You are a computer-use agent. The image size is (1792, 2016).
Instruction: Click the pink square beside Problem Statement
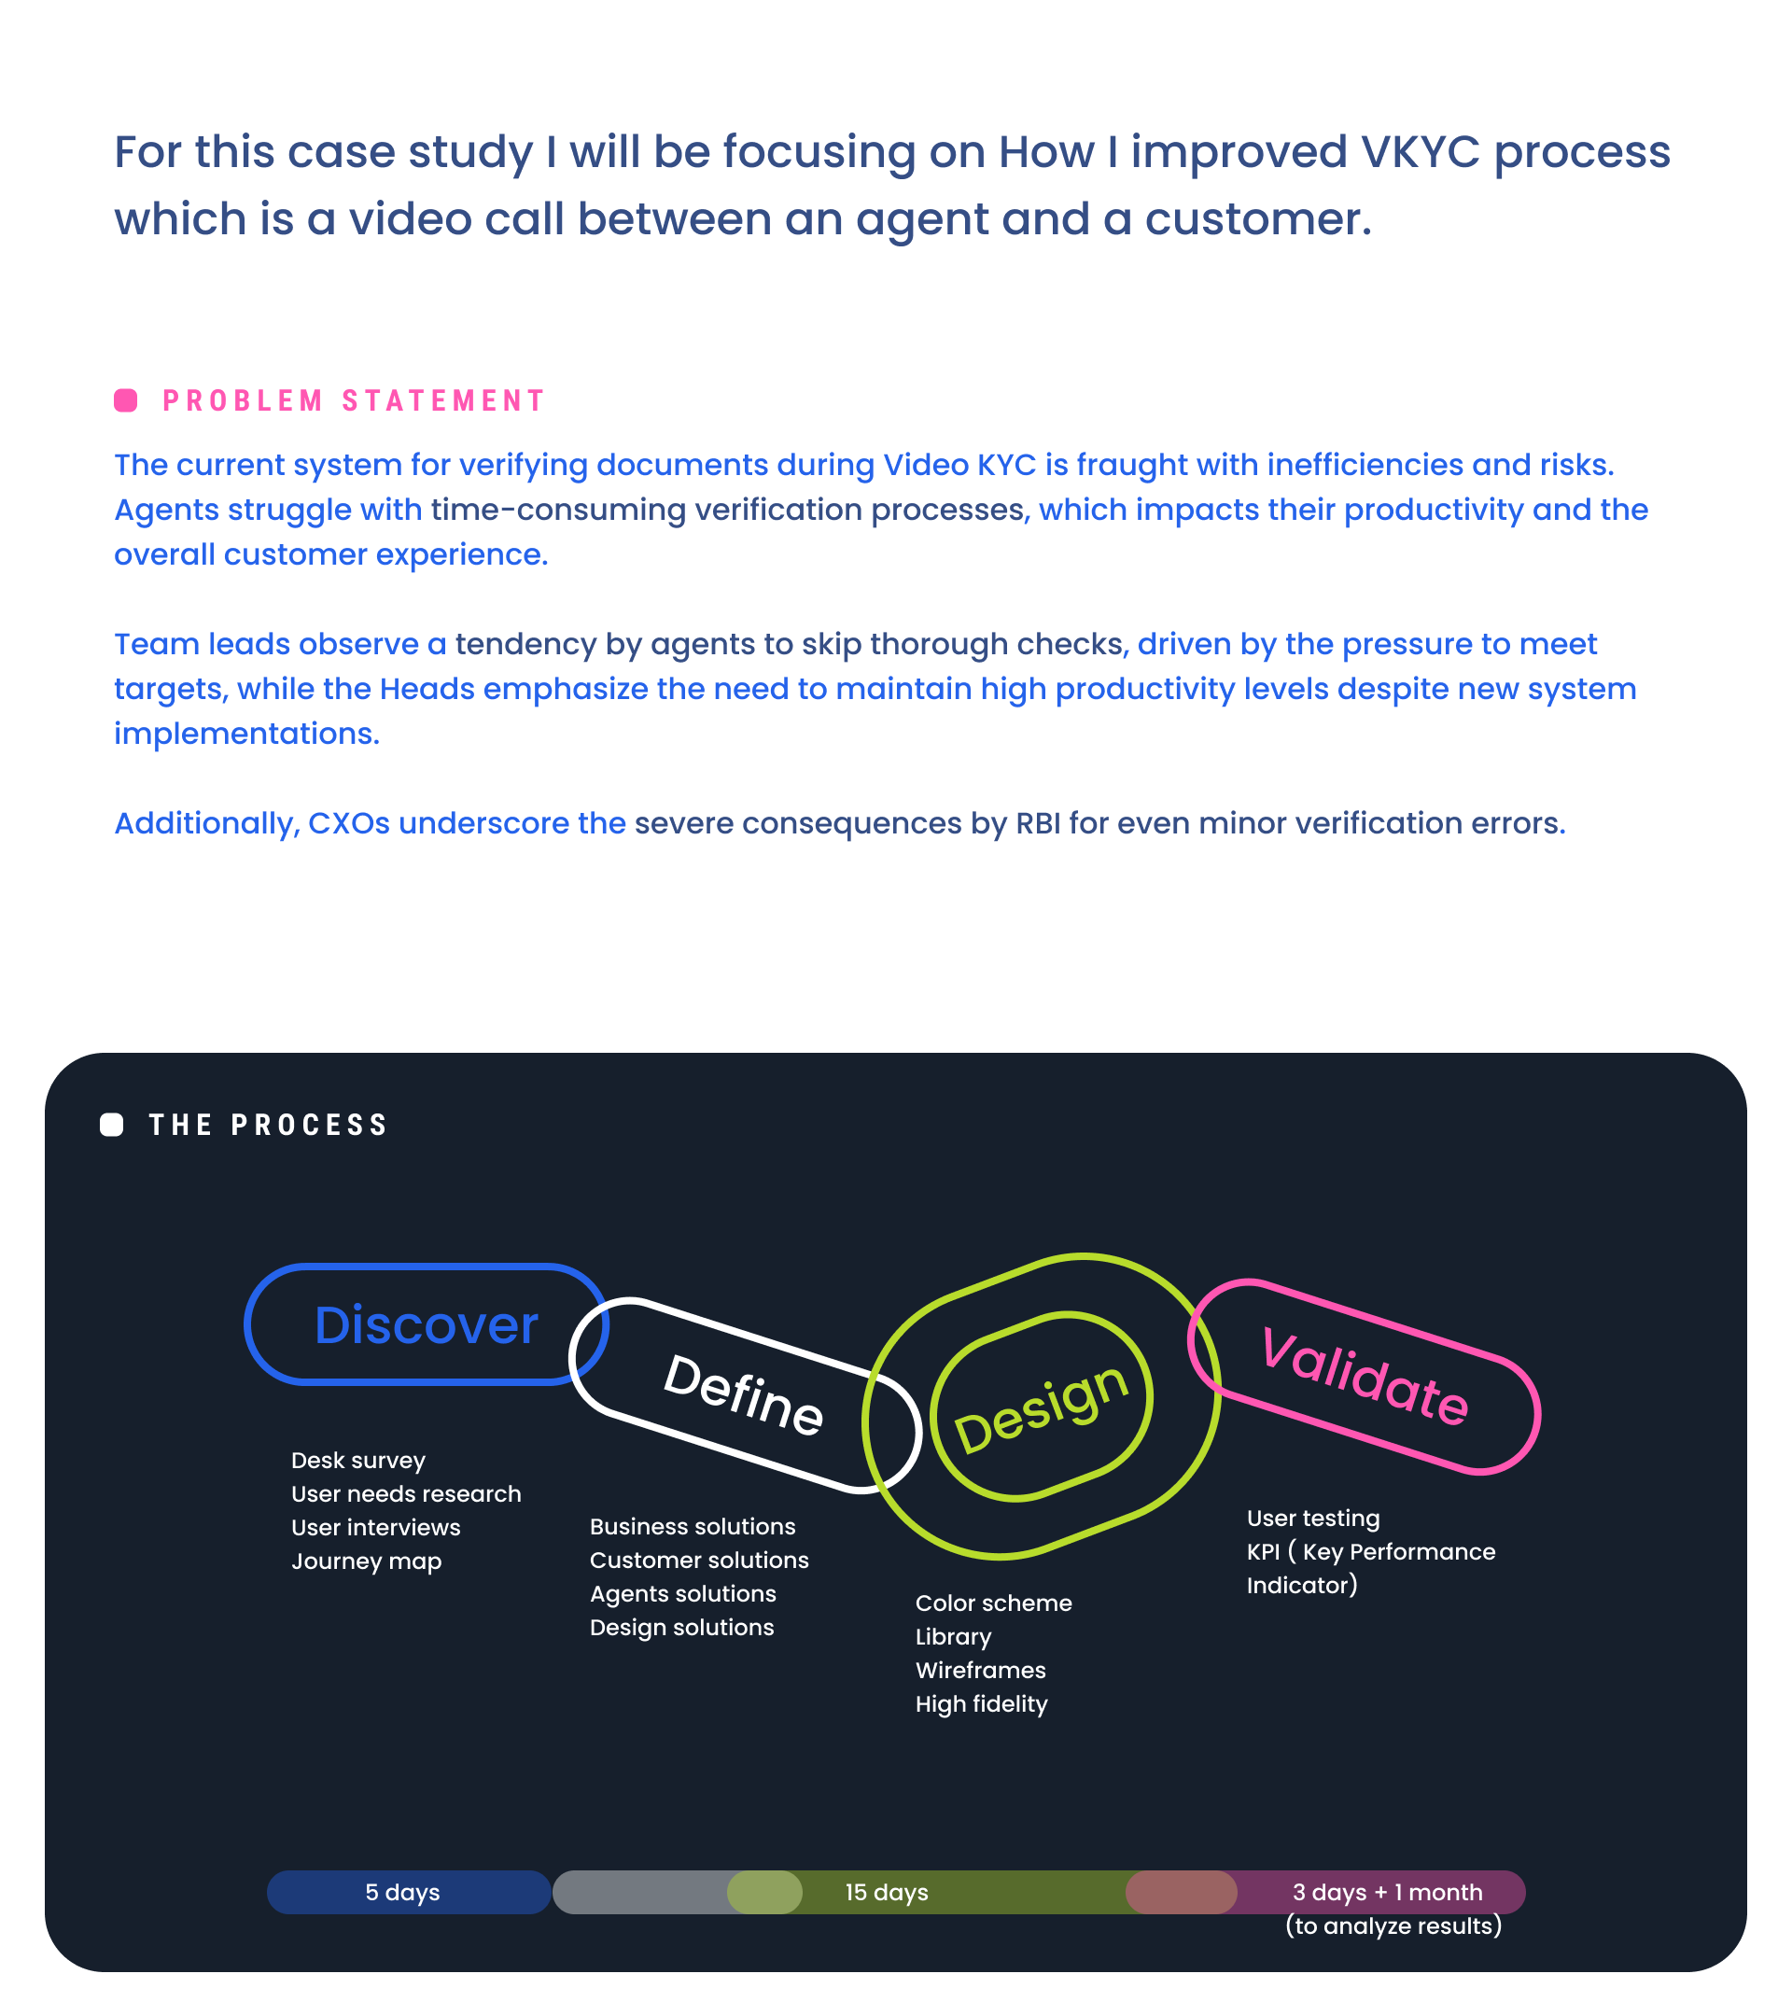(125, 400)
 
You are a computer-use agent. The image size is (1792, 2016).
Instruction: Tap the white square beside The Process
(111, 1126)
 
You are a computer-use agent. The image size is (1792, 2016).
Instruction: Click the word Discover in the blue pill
(426, 1324)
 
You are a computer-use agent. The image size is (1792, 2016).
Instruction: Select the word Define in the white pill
(744, 1394)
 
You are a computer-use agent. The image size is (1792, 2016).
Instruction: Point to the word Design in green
(1041, 1407)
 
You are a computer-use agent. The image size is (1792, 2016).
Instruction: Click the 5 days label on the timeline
(402, 1893)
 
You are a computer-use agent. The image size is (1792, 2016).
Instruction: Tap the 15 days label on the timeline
(887, 1893)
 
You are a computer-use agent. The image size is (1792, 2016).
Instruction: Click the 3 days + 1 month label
(1388, 1893)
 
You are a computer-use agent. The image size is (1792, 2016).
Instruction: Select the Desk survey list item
(358, 1461)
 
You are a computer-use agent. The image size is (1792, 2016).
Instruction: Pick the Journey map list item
(366, 1561)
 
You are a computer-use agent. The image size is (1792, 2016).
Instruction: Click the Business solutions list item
(693, 1527)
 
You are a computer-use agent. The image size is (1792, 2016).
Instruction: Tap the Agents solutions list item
(682, 1594)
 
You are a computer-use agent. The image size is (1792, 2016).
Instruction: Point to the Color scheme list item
(993, 1603)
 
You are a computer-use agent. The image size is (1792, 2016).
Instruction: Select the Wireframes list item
(980, 1671)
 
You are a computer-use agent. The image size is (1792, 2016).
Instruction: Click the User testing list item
(1312, 1519)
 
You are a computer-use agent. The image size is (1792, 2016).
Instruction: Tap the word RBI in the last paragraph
(1038, 823)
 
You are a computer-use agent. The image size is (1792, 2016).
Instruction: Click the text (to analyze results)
(1393, 1926)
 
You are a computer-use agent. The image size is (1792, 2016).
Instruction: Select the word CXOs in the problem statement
(349, 823)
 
